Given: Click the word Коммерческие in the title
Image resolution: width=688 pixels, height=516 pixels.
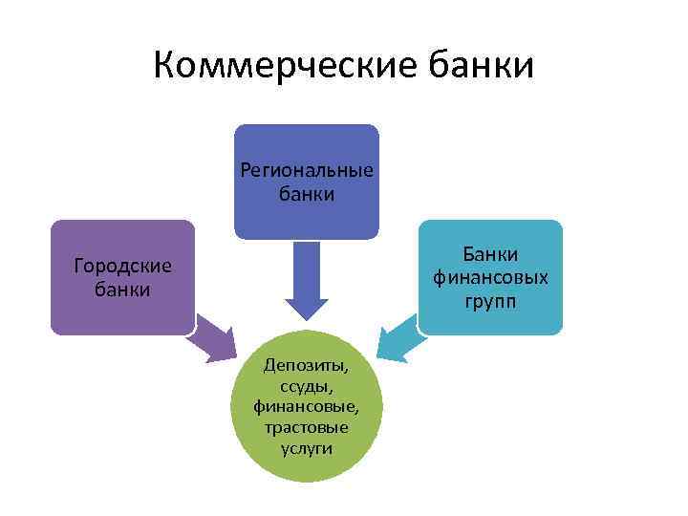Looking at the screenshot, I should pos(271,66).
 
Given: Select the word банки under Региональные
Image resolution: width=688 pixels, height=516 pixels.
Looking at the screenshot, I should pos(307,194).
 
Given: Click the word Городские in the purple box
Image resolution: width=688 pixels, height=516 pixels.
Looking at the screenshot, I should pos(122,266).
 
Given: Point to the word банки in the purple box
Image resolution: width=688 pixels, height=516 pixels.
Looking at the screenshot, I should pos(122,289).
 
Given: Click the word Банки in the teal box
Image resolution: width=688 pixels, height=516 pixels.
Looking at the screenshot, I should pos(490,254).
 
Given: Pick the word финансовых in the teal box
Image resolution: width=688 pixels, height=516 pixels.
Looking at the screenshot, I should pos(490,277).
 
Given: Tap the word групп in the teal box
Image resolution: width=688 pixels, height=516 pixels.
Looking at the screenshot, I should pos(490,301).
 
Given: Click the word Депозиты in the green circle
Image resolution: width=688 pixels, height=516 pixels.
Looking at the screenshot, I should pos(306,365).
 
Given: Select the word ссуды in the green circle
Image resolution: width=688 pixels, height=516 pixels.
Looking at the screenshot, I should pos(306,385).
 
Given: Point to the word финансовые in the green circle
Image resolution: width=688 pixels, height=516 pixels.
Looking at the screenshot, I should pos(306,406).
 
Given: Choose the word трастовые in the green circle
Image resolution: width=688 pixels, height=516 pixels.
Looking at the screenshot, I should pos(306,427).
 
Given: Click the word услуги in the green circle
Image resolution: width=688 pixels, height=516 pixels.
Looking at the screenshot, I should pos(306,447).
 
